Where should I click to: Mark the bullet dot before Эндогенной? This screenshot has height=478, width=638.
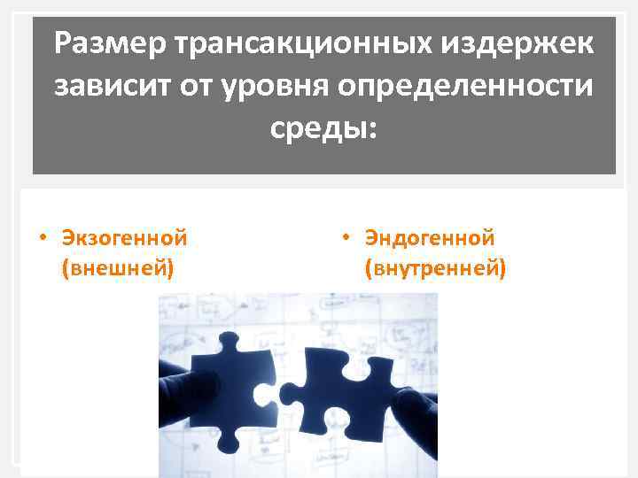(347, 238)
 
